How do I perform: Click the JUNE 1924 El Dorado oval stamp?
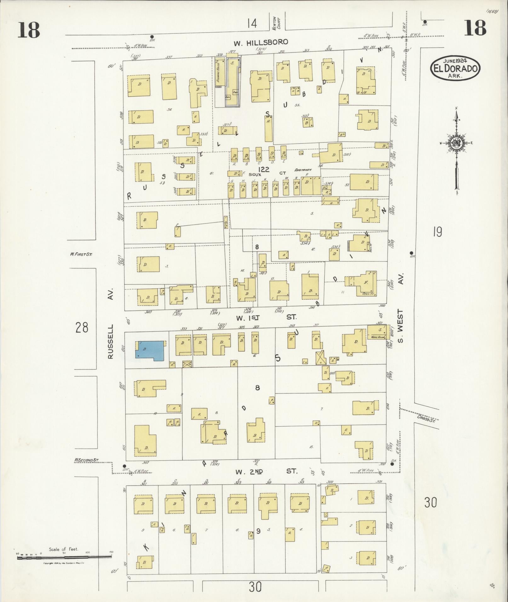[x=455, y=67]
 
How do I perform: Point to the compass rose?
[x=456, y=143]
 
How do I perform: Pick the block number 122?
[x=263, y=170]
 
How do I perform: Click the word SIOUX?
[x=255, y=174]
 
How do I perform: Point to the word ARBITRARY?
[x=303, y=170]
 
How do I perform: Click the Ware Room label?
[x=378, y=337]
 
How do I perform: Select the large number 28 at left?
[x=82, y=328]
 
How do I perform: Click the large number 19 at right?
[x=437, y=232]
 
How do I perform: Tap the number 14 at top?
[x=252, y=23]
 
